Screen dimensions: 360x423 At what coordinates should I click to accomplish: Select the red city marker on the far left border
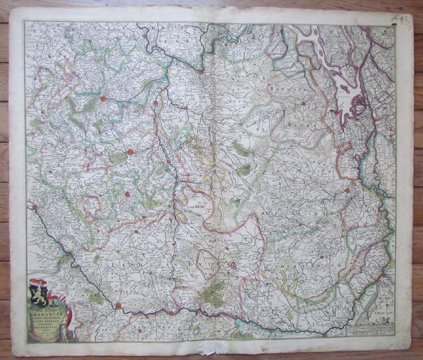pyautogui.click(x=35, y=207)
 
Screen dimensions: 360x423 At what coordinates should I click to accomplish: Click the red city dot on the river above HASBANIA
pyautogui.click(x=118, y=306)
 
